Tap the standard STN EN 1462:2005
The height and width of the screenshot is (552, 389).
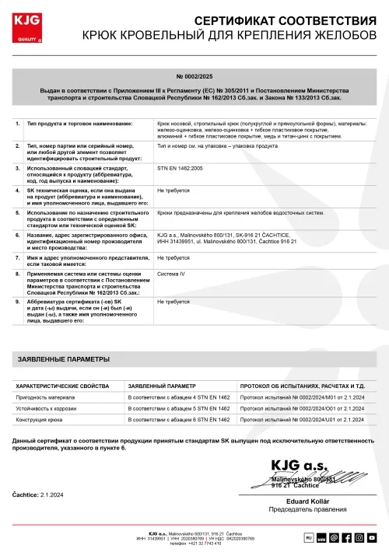(180, 167)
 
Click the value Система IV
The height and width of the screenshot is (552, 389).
(171, 274)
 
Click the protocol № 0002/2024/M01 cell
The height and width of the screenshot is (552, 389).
(296, 397)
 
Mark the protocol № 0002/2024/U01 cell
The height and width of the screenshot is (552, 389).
(296, 420)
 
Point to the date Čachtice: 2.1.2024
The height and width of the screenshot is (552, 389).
(38, 494)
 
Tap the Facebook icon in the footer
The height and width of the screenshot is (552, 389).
(346, 537)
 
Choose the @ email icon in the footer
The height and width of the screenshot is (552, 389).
(334, 537)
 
